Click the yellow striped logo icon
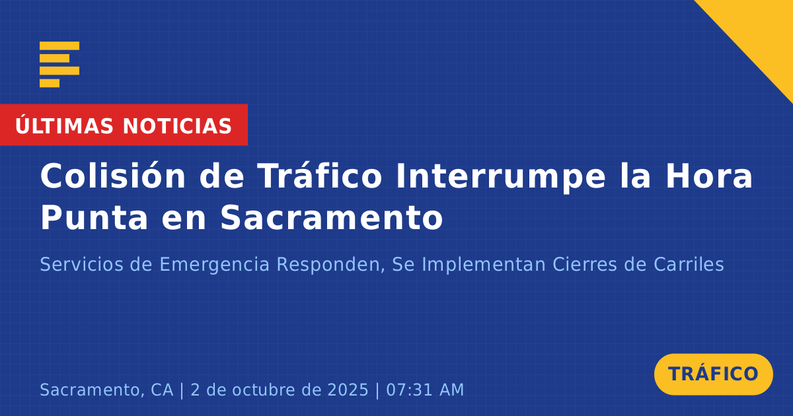(x=59, y=65)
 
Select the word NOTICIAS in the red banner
(x=177, y=126)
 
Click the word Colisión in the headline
(x=112, y=175)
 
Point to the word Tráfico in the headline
(x=319, y=175)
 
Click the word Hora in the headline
(x=709, y=176)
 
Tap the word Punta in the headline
(x=94, y=217)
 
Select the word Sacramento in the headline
(x=332, y=217)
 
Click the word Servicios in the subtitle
(x=81, y=264)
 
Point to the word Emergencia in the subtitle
(x=215, y=265)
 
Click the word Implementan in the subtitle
(x=483, y=265)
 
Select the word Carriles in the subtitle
(x=689, y=264)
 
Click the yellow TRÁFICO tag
(x=713, y=374)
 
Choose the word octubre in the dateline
(x=263, y=390)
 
